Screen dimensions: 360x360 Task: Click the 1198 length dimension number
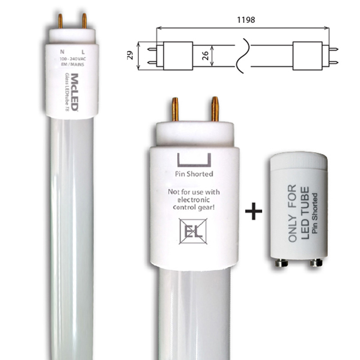tap(246, 20)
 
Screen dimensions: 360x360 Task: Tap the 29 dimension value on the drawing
tap(130, 55)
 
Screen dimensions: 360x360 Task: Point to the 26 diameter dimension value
tap(205, 56)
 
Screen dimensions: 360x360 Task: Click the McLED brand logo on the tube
tap(75, 92)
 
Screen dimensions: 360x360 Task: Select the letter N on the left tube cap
tap(62, 52)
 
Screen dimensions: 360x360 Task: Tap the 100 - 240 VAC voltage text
tap(72, 59)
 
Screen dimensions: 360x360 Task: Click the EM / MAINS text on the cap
tap(72, 64)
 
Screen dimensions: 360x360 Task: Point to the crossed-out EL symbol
tap(193, 231)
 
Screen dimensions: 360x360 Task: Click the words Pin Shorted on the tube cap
tap(194, 174)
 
